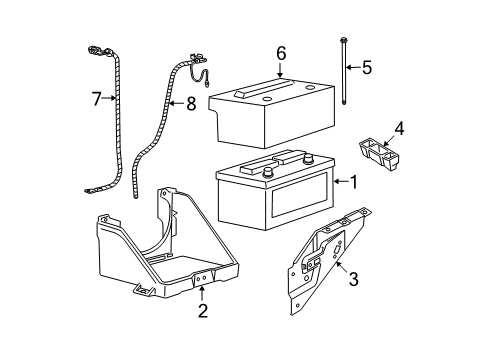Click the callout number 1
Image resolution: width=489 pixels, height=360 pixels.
point(354,182)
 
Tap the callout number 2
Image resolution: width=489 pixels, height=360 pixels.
point(203,310)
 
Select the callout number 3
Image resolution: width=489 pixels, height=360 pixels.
point(353,279)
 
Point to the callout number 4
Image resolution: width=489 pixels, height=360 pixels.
point(399,129)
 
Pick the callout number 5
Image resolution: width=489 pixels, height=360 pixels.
point(367,67)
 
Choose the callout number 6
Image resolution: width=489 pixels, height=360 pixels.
point(281,53)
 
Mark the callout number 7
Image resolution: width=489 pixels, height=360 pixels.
point(96,99)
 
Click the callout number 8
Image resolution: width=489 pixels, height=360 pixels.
point(191,104)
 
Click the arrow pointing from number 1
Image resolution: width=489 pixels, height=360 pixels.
point(341,181)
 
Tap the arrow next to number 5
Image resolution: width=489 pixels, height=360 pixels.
point(353,67)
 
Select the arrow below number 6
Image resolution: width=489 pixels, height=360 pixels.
point(280,70)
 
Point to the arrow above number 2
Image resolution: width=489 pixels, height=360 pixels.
point(201,293)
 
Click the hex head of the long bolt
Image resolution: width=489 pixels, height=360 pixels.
point(343,40)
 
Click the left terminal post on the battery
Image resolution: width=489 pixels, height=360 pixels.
point(267,172)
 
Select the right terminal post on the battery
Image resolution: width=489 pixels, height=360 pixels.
point(308,158)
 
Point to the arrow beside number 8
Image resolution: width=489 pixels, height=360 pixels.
point(177,104)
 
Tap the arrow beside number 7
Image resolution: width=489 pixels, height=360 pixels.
point(109,98)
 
